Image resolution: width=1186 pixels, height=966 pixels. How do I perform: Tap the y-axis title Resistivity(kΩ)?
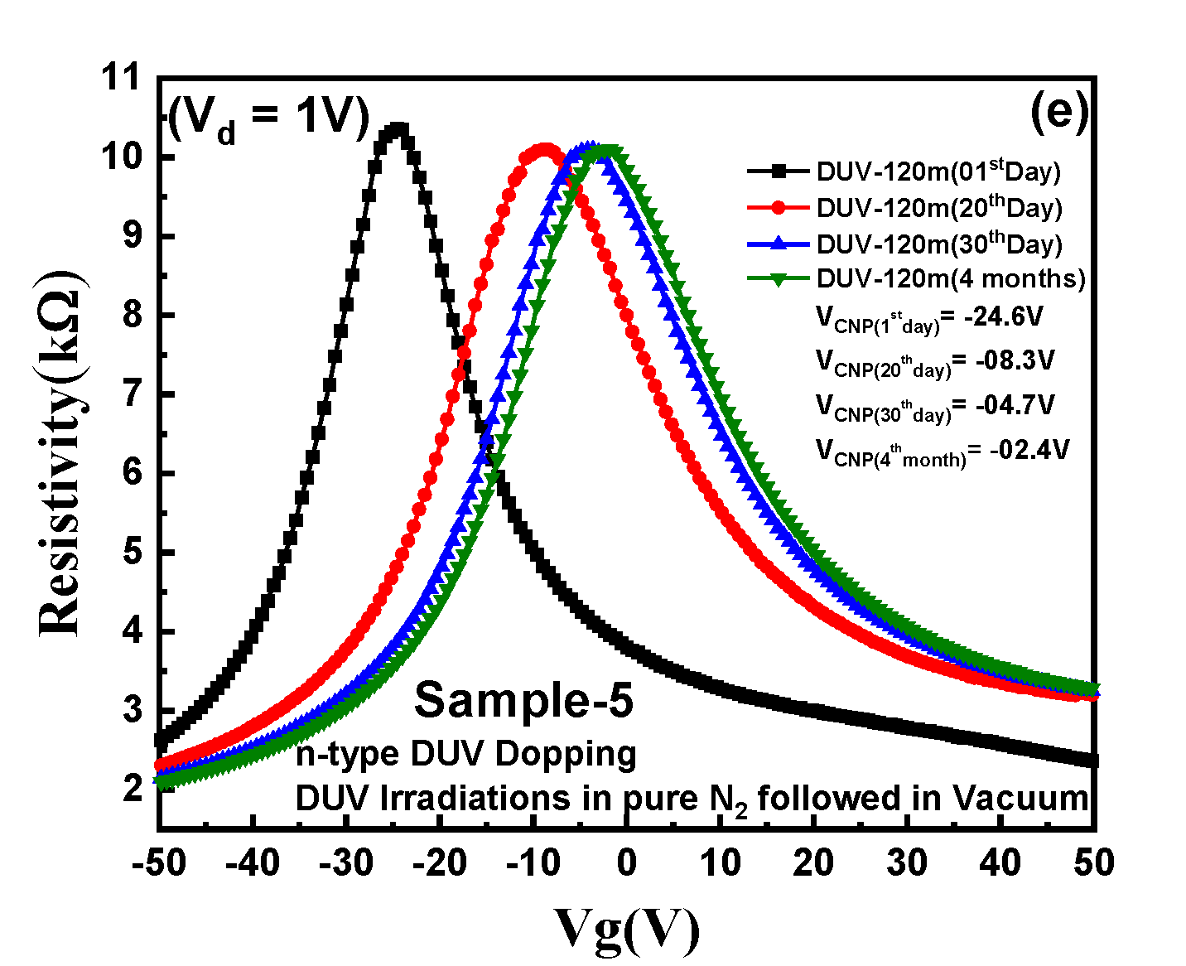click(61, 452)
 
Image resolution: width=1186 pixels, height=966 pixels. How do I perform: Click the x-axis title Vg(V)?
click(626, 929)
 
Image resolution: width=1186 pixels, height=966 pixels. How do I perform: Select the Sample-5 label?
click(523, 700)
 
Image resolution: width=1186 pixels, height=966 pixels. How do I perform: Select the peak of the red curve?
click(544, 151)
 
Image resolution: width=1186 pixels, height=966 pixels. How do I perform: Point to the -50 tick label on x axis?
click(158, 863)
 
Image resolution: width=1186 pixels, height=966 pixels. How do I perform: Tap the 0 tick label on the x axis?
click(626, 863)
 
